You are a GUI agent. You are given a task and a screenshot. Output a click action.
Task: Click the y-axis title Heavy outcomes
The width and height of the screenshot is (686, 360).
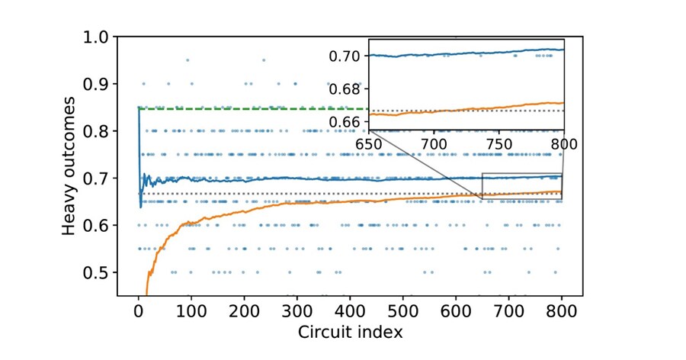[x=69, y=166]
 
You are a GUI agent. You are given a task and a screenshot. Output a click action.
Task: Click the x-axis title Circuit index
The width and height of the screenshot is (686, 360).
[x=350, y=333]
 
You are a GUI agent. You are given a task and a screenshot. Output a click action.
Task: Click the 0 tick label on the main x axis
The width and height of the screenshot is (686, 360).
[x=138, y=311]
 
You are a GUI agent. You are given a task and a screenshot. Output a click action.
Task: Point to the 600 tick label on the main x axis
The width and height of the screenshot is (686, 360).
[x=456, y=311]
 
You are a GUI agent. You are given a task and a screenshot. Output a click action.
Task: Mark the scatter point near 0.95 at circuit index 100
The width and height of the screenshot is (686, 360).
[x=187, y=59]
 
